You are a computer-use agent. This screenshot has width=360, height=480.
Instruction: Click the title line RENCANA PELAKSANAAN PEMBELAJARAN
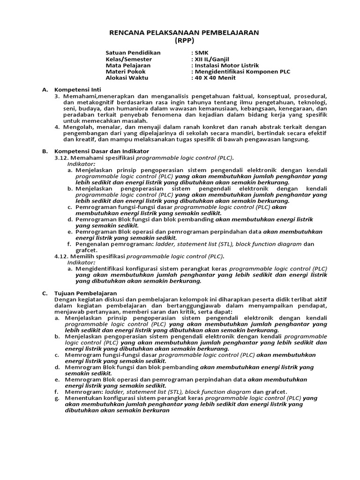tap(184, 32)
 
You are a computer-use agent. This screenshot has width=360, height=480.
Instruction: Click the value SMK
tap(200, 52)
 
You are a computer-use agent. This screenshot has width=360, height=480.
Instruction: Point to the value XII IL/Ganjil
tap(210, 59)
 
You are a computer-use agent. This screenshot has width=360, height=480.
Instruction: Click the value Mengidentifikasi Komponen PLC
tap(242, 72)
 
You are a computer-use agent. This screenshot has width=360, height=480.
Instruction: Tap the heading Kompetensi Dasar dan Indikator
tap(102, 151)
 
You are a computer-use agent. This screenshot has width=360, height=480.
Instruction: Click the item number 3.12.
tap(62, 158)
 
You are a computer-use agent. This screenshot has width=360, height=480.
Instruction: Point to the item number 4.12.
tap(62, 256)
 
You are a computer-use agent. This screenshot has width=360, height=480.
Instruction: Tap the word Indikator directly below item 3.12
tap(81, 164)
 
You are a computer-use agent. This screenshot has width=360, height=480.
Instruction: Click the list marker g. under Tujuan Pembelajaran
tap(56, 398)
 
